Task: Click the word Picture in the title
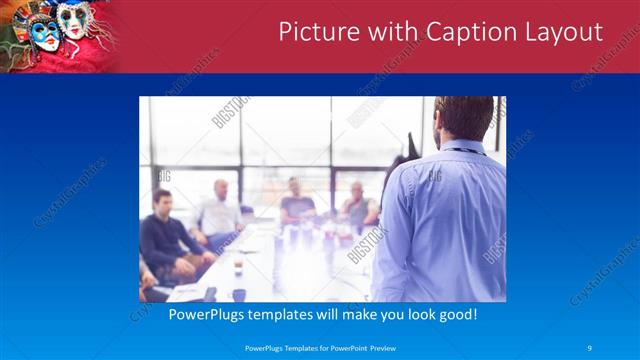[315, 32]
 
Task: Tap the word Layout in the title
[566, 32]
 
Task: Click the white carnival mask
[72, 22]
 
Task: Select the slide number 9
[590, 347]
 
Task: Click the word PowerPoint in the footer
[335, 347]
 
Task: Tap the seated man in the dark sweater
[163, 235]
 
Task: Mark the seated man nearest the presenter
[357, 205]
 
